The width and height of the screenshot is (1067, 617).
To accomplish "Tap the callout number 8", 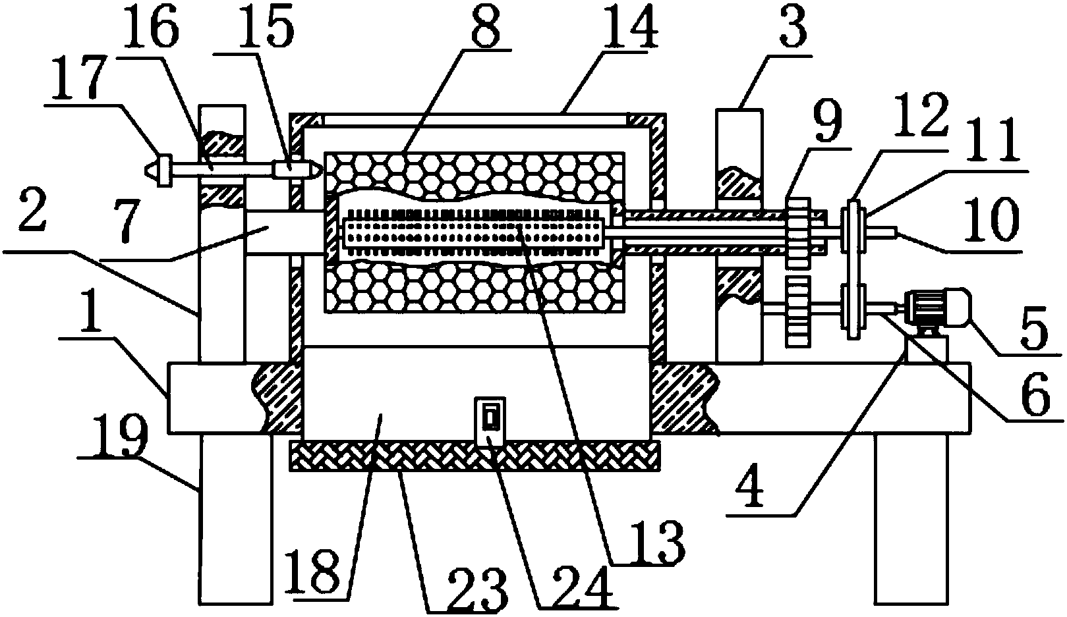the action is [x=486, y=26].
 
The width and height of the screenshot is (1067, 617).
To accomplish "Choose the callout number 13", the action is [x=658, y=543].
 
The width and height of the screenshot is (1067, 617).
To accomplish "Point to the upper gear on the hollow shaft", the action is [x=798, y=233].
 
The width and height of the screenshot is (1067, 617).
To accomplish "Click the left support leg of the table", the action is [x=235, y=519].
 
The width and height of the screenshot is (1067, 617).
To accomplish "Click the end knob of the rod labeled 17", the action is [x=160, y=171].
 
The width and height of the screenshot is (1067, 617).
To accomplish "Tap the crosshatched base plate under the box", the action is [x=475, y=456].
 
